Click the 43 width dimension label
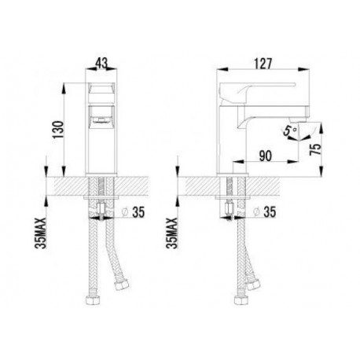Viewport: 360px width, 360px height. (x=101, y=63)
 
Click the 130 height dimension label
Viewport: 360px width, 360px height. (x=58, y=130)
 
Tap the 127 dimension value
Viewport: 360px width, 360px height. (x=263, y=64)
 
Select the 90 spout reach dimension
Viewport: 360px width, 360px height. (x=266, y=156)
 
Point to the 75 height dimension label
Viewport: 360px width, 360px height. (x=315, y=149)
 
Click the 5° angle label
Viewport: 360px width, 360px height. (x=290, y=130)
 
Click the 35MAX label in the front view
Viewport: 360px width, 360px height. (x=42, y=233)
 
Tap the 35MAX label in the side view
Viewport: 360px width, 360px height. (x=173, y=233)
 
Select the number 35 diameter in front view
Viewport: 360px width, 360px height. (x=138, y=212)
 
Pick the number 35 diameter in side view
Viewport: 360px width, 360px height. (x=270, y=212)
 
